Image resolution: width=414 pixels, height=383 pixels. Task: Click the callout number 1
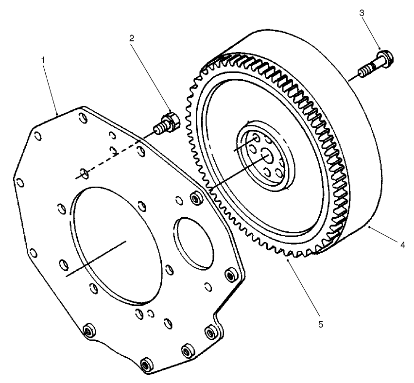coord(43,60)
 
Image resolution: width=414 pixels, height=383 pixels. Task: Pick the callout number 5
coord(320,323)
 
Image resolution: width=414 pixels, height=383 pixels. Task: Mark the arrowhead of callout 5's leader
coord(288,261)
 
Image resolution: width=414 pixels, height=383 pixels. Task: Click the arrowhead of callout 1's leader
coord(57,114)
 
